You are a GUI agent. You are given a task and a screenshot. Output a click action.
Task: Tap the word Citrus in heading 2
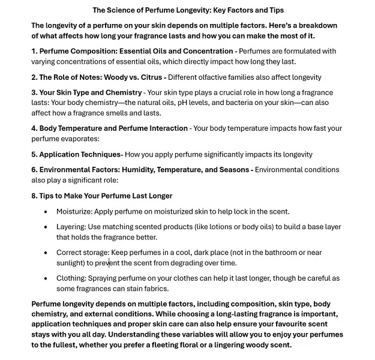click(x=151, y=77)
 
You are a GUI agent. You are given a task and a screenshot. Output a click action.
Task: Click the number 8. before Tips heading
click(x=35, y=196)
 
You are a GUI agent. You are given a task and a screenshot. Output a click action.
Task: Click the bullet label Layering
click(x=71, y=227)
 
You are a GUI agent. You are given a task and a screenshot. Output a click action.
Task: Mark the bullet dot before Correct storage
click(x=46, y=253)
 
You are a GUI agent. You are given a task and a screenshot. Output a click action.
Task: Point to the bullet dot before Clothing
click(x=46, y=278)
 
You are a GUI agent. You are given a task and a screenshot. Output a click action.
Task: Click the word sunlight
click(x=70, y=263)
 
